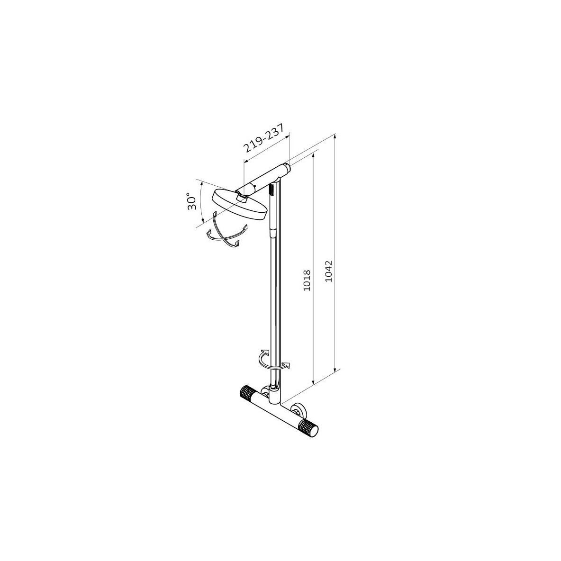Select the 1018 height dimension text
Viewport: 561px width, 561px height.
pyautogui.click(x=307, y=280)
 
